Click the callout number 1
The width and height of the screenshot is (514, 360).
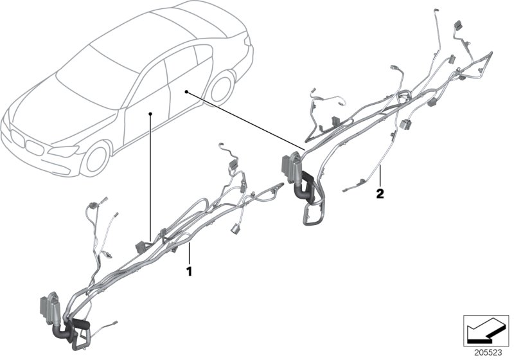point(189,271)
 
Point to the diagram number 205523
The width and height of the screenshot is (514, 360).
point(488,353)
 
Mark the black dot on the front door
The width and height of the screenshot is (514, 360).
point(150,114)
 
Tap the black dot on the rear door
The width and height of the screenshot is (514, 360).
point(186,93)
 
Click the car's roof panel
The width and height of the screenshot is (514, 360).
point(148,35)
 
